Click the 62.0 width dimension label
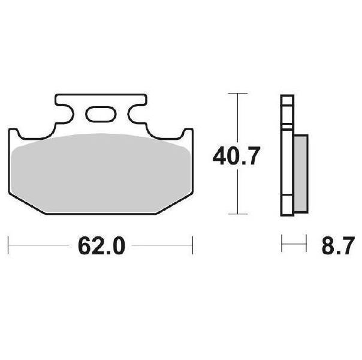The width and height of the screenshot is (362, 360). pyautogui.click(x=101, y=245)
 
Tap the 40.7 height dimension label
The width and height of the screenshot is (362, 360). pyautogui.click(x=236, y=156)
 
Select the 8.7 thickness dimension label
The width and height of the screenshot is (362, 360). pyautogui.click(x=338, y=245)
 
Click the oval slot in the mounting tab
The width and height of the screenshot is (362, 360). pyautogui.click(x=101, y=114)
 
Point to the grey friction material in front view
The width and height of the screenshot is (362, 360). pyautogui.click(x=101, y=173)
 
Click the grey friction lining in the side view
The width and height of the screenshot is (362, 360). pyautogui.click(x=300, y=173)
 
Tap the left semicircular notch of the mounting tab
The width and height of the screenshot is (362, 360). pyautogui.click(x=65, y=113)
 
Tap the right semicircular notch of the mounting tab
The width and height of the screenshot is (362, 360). pyautogui.click(x=136, y=113)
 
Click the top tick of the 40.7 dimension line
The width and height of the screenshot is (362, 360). pyautogui.click(x=238, y=94)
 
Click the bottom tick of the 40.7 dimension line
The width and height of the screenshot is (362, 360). pyautogui.click(x=238, y=214)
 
